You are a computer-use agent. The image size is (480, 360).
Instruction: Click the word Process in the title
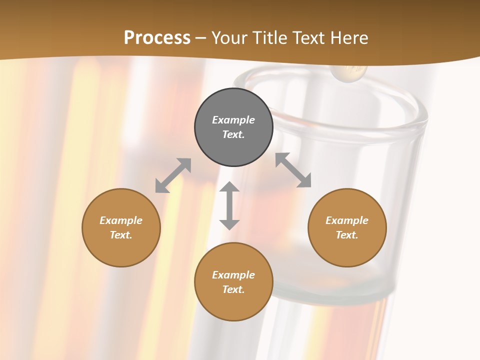[157, 37]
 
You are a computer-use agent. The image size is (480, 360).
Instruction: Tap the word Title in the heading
[271, 38]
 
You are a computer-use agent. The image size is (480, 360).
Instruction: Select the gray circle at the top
[233, 127]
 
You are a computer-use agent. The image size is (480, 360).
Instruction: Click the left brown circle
[121, 227]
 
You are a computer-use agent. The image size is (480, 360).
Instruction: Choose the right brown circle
[347, 227]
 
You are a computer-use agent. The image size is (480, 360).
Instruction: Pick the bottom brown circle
[233, 282]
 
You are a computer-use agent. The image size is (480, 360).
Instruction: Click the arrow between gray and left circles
[173, 175]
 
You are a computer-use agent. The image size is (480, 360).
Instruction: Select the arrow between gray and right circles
[293, 170]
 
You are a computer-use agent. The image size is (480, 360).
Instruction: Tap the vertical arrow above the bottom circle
[229, 205]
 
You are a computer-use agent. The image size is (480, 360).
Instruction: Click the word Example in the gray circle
[233, 120]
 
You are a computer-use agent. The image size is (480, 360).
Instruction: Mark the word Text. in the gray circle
[233, 134]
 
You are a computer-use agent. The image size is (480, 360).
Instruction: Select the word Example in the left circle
[121, 220]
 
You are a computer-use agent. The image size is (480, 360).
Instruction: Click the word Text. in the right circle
[347, 235]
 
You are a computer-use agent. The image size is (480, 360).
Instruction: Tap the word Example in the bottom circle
[233, 275]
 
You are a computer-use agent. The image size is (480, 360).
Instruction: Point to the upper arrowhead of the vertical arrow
[229, 188]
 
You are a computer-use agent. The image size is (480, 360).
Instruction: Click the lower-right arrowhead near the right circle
[304, 181]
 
